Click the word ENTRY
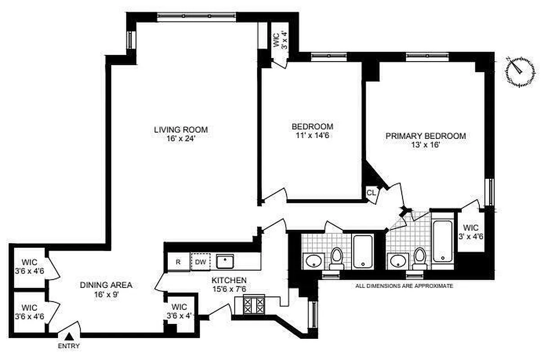[x=69, y=346]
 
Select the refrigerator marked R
[x=178, y=262]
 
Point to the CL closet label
[x=371, y=193]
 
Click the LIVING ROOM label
[x=181, y=130]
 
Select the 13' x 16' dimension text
[x=425, y=145]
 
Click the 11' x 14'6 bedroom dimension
[x=312, y=135]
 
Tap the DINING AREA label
[x=106, y=285]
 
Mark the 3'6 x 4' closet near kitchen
[x=179, y=311]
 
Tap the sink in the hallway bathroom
[x=312, y=260]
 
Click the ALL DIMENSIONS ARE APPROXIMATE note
[x=404, y=286]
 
